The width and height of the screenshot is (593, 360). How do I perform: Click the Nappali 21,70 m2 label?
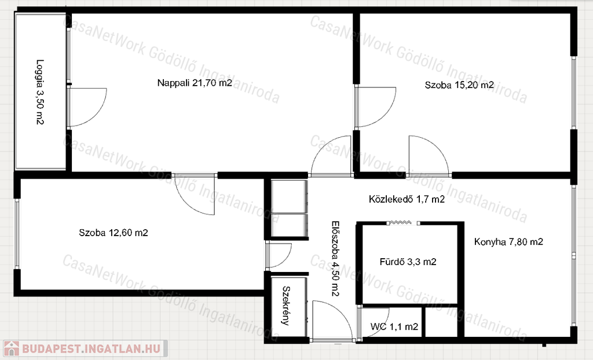click(195, 83)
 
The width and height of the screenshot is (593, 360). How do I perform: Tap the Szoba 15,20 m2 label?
click(459, 85)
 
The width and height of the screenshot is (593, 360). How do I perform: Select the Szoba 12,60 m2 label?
click(114, 233)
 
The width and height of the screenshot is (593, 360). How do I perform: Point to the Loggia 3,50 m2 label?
click(40, 92)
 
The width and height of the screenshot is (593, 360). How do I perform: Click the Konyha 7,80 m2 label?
click(508, 241)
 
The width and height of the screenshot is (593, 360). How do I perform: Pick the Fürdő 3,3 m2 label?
click(408, 262)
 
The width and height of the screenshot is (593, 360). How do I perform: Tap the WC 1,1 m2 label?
click(394, 326)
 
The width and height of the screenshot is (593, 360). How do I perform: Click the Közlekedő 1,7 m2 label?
click(407, 199)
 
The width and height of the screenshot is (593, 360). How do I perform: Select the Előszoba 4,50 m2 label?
click(335, 259)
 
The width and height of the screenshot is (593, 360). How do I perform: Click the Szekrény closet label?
click(287, 306)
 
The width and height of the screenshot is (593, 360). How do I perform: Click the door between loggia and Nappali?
click(87, 107)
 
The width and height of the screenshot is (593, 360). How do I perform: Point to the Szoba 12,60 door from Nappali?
click(195, 194)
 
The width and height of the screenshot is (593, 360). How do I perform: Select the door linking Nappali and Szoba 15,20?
click(375, 107)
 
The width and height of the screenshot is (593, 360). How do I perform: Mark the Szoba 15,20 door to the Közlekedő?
click(429, 156)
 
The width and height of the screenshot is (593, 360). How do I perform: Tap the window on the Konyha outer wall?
click(574, 255)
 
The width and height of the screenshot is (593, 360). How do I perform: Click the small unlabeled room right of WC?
click(441, 322)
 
